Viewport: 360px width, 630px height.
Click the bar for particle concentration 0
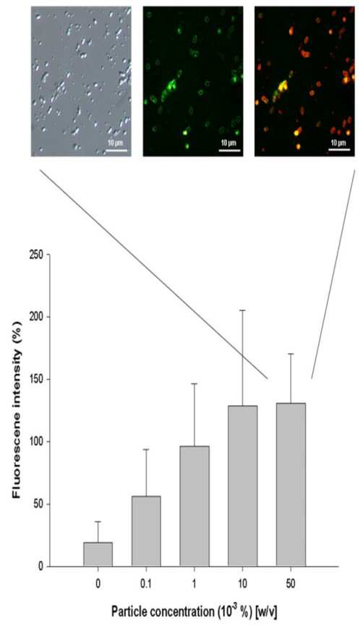click(x=98, y=554)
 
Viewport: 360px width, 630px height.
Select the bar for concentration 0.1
click(x=146, y=531)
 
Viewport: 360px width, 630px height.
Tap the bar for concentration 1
click(x=194, y=506)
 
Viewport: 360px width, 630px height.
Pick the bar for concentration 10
click(x=242, y=486)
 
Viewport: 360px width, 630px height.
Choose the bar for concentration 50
click(x=291, y=485)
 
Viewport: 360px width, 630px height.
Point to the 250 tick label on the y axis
click(x=37, y=255)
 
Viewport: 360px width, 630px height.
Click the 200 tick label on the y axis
click(x=37, y=317)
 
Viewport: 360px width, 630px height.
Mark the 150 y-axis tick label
click(x=37, y=379)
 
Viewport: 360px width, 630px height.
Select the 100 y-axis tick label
click(x=37, y=441)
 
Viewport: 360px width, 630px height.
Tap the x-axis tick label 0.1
click(x=146, y=584)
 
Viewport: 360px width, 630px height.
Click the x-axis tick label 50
click(x=291, y=584)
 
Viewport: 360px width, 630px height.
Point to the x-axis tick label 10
click(x=242, y=584)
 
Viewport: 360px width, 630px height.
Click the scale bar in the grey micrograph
click(x=116, y=150)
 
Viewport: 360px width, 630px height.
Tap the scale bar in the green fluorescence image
click(x=230, y=150)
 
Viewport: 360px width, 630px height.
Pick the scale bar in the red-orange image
click(x=339, y=150)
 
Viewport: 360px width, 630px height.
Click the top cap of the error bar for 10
click(x=242, y=310)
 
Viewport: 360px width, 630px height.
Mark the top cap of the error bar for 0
click(x=98, y=522)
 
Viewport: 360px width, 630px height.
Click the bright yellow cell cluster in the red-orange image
click(x=283, y=85)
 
